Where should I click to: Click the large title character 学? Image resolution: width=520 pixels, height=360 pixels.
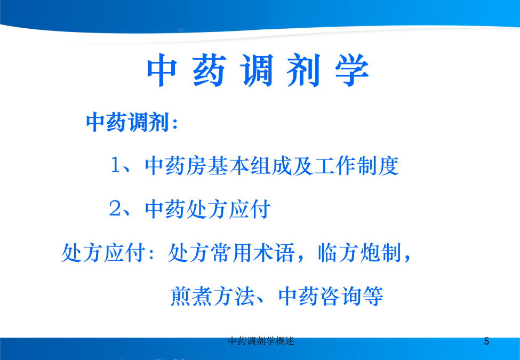pos(352,70)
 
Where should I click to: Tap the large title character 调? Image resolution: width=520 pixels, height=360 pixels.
pos(258,70)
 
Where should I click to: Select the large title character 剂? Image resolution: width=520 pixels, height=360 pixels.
pos(304,70)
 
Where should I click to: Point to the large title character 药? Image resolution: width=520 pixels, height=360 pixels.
pos(210,70)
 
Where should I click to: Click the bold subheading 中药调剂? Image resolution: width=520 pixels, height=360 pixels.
pos(128,122)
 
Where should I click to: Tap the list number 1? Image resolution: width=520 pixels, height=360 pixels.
pos(115,165)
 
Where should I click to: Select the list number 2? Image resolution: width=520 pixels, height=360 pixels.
pos(115,209)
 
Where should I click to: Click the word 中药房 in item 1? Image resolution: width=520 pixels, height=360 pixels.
pos(175,165)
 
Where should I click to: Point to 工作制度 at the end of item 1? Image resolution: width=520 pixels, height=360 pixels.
pos(356,165)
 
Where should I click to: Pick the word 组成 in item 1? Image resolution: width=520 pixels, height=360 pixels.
pos(271,165)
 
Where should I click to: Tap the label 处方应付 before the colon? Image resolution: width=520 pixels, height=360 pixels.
pos(103,253)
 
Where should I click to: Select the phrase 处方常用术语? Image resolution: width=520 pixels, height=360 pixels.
pos(231,253)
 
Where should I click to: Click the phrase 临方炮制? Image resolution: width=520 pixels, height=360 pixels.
pos(359,253)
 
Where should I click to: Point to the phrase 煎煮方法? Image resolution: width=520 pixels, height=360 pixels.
pos(212,297)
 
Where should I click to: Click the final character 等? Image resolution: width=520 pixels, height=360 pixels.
pos(373,297)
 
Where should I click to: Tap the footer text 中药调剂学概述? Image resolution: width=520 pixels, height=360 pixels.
pos(261,341)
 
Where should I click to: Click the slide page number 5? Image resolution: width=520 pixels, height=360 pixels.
pos(486,341)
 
